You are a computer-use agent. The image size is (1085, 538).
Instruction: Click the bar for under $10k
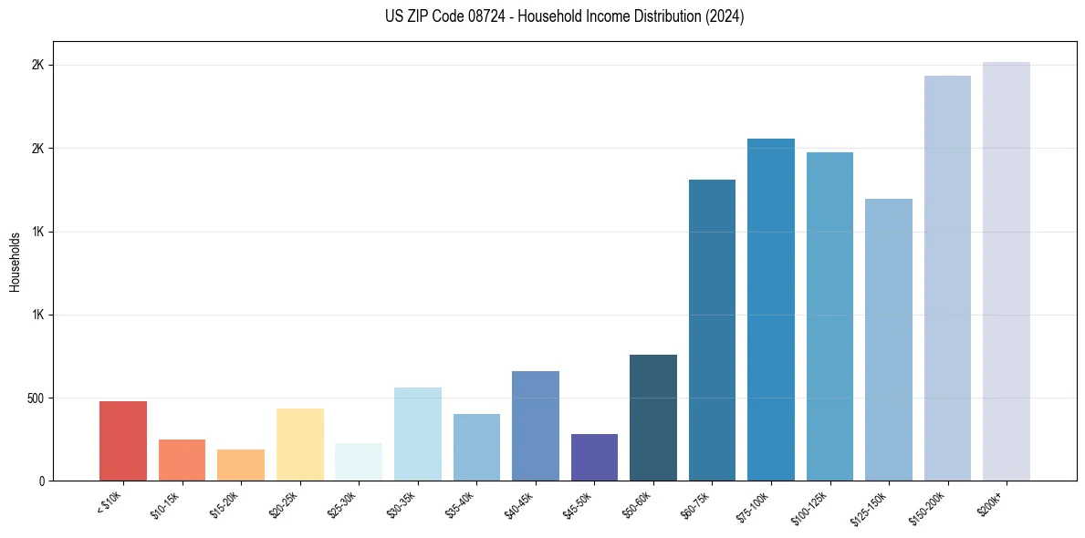point(123,441)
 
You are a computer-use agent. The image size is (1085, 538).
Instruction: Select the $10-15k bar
point(182,460)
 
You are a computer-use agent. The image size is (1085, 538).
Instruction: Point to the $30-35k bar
point(417,434)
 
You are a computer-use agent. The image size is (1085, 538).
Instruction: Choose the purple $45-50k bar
point(594,458)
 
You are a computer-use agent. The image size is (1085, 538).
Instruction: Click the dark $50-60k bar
point(653,418)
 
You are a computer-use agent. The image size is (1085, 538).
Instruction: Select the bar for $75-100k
point(771,310)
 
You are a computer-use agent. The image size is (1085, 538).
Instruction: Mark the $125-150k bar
point(889,339)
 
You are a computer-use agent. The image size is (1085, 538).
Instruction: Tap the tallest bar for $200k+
point(1007,272)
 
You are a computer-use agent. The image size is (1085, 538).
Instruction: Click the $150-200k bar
point(947,278)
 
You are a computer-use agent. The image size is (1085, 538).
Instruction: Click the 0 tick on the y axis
point(42,481)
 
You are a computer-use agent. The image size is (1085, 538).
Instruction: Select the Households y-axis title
point(16,262)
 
